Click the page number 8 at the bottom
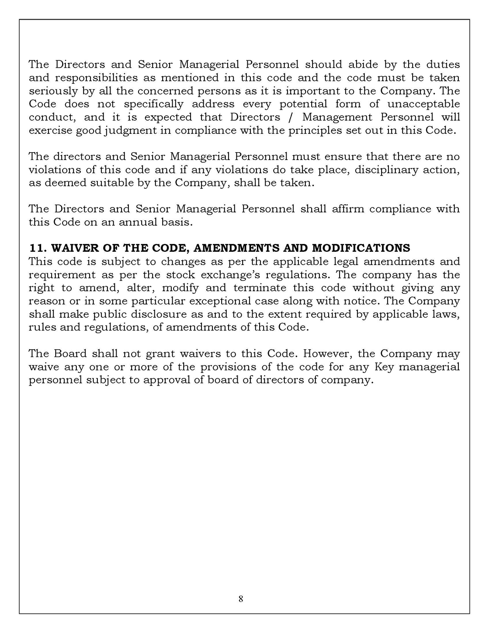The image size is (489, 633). click(x=241, y=599)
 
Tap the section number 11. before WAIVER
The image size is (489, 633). click(x=37, y=248)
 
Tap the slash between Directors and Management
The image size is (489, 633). click(x=291, y=117)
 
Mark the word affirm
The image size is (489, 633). click(x=348, y=209)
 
